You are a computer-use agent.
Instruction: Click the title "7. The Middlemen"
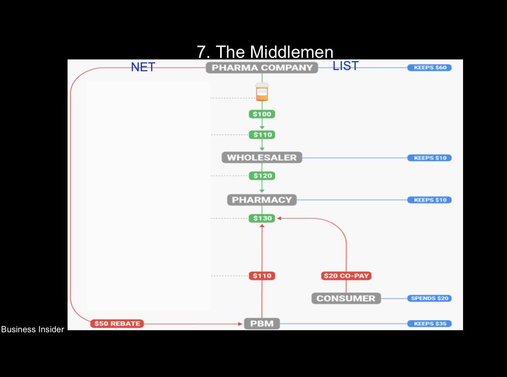(x=265, y=52)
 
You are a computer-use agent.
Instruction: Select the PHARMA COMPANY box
(x=262, y=68)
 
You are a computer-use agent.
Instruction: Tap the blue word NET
(x=143, y=67)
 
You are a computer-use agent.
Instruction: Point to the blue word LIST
(x=346, y=66)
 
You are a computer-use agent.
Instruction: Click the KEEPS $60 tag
(x=429, y=68)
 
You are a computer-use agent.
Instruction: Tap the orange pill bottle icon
(x=262, y=92)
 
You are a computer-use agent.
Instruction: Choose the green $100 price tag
(x=262, y=114)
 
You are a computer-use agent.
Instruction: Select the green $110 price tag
(x=262, y=135)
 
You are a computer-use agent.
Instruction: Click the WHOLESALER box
(x=262, y=158)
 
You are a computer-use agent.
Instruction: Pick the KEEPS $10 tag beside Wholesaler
(x=429, y=158)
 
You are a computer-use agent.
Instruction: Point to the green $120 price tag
(x=262, y=176)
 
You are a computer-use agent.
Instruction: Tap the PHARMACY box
(x=262, y=200)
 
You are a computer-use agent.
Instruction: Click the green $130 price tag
(x=262, y=219)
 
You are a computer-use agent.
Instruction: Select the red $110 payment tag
(x=262, y=276)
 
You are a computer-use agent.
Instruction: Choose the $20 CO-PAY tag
(x=346, y=276)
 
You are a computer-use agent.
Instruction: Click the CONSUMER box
(x=346, y=298)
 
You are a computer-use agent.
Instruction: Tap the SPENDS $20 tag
(x=429, y=298)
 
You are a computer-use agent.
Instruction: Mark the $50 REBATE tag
(x=117, y=324)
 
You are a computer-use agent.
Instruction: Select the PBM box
(x=262, y=324)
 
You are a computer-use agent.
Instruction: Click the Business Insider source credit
(x=33, y=329)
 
